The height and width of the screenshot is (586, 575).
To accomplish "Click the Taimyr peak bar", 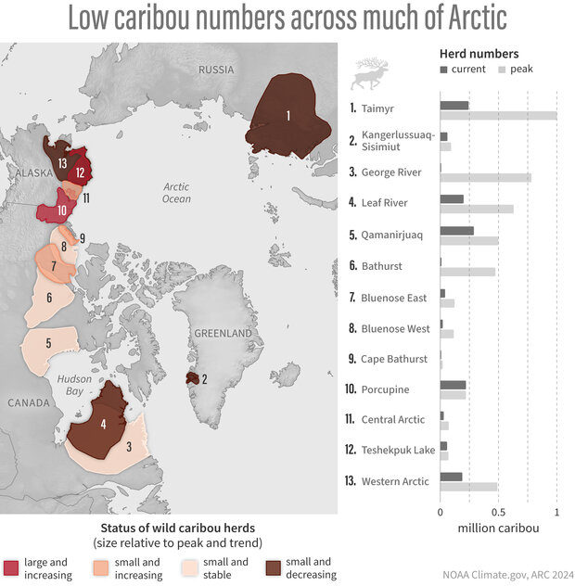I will click(x=498, y=115).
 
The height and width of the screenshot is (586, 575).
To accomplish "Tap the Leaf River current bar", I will click(x=452, y=198).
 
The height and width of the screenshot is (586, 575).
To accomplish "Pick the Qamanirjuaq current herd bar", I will click(x=456, y=230).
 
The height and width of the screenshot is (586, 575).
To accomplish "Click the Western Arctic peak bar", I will click(x=468, y=487).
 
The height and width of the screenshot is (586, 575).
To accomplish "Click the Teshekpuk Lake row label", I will click(x=398, y=451).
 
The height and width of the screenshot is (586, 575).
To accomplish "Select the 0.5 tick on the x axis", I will click(x=498, y=511).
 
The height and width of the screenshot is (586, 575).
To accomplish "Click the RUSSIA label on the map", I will click(x=216, y=70).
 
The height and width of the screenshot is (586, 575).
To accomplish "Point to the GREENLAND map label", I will click(x=223, y=332).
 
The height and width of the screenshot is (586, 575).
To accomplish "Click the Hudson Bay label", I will click(x=74, y=385).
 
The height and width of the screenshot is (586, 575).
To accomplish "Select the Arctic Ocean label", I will click(x=175, y=192).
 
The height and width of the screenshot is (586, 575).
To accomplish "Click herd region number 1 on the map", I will click(x=288, y=116).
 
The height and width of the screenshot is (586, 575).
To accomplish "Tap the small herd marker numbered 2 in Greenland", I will click(x=194, y=378).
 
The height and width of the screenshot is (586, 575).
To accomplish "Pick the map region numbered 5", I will click(x=47, y=343).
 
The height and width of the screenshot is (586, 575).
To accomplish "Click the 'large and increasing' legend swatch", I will click(x=12, y=567).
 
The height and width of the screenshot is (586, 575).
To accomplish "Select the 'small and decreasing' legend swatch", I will click(x=275, y=567).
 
